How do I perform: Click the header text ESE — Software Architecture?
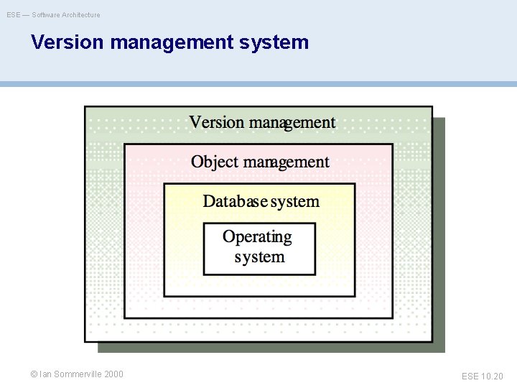(x=54, y=14)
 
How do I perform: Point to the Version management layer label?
(x=262, y=123)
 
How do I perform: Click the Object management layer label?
(x=260, y=162)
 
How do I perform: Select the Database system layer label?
(x=261, y=201)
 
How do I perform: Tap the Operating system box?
(x=259, y=249)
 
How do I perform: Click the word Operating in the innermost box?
(x=257, y=236)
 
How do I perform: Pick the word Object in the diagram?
(x=213, y=162)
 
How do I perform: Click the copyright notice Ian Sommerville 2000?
(x=77, y=374)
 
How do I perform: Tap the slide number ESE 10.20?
(x=483, y=376)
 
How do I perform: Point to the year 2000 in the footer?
(x=113, y=374)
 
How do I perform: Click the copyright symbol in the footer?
(x=34, y=374)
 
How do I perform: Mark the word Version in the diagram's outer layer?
(x=217, y=123)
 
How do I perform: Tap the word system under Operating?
(x=259, y=257)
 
